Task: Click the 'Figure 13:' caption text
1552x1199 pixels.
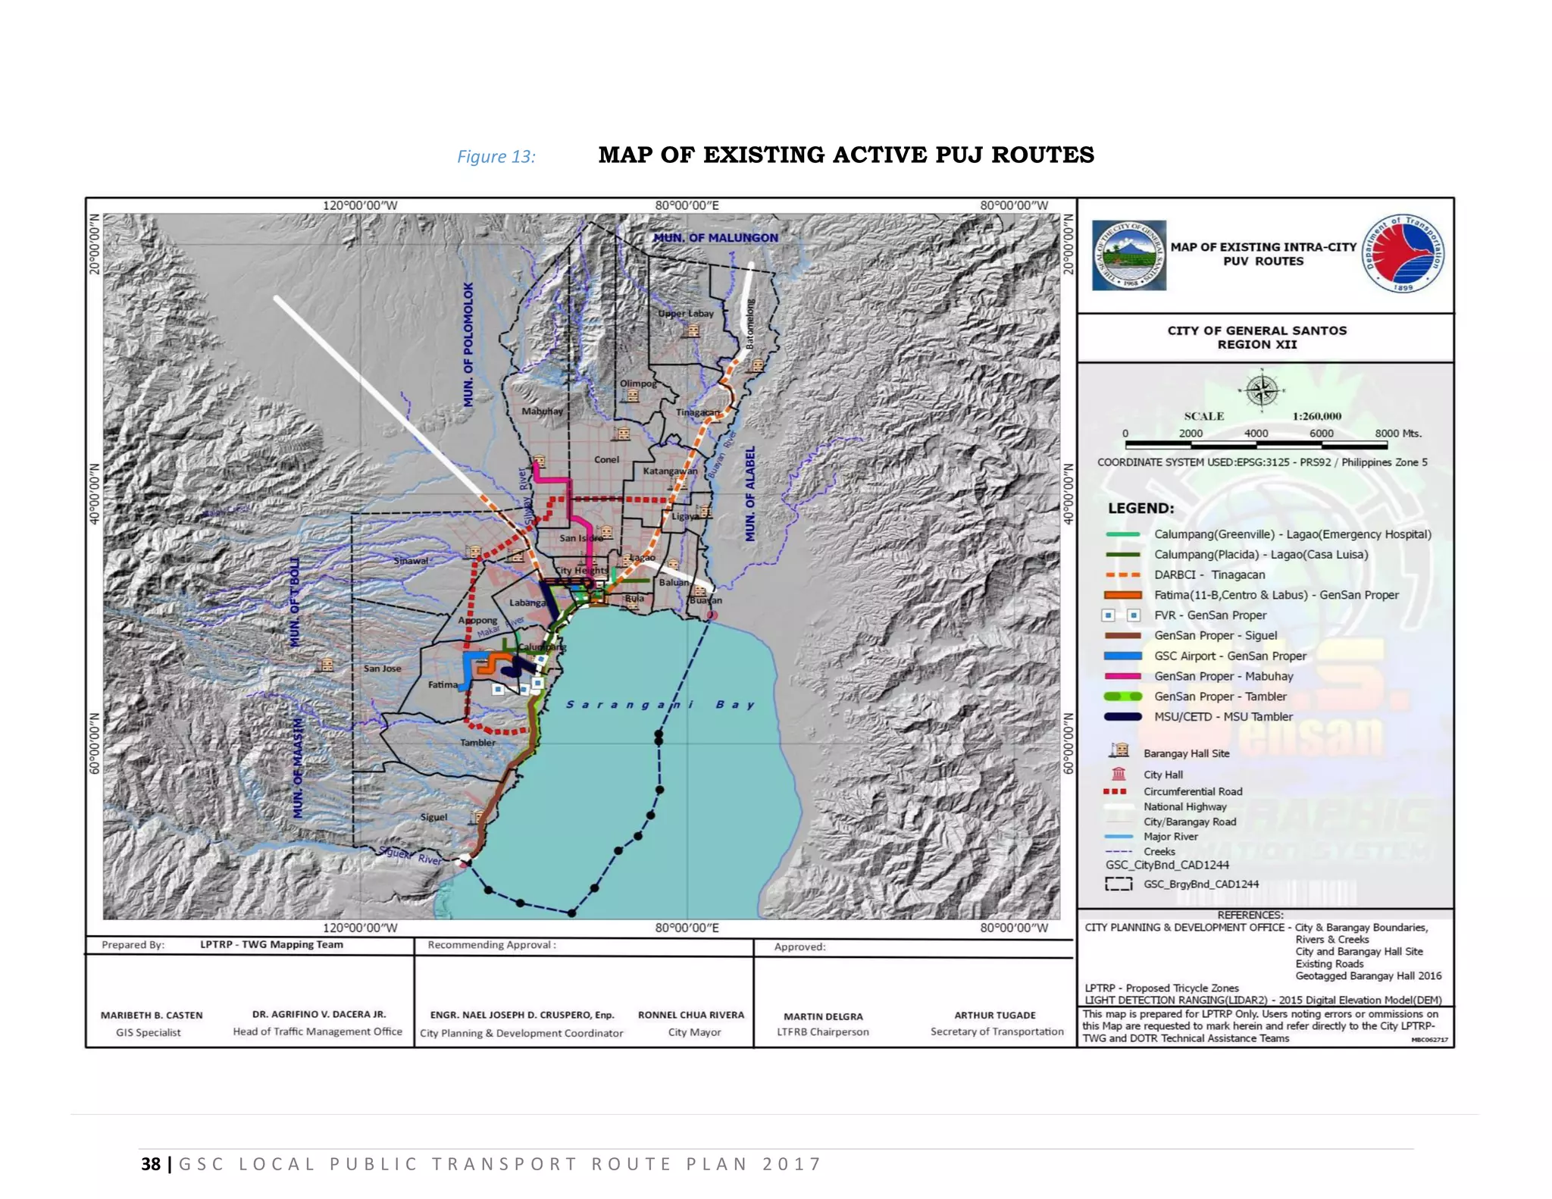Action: pos(496,157)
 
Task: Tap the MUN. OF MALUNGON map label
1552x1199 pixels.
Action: pos(715,238)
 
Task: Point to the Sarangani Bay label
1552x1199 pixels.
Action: pos(660,705)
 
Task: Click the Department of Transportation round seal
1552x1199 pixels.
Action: pos(1403,254)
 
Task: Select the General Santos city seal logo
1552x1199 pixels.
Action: pos(1128,255)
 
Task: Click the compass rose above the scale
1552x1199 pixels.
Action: pos(1262,391)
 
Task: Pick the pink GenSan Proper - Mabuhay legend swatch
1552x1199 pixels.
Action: pos(1123,676)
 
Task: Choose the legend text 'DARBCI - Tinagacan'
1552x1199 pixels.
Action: pos(1209,574)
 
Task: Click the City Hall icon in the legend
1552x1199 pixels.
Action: pos(1119,774)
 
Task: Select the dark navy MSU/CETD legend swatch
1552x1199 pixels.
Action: pos(1123,716)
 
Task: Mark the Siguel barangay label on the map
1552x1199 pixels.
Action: pos(434,817)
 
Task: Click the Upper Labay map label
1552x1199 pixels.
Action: pos(686,313)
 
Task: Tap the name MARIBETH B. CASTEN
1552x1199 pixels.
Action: pos(152,1015)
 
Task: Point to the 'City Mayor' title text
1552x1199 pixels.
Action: pos(694,1032)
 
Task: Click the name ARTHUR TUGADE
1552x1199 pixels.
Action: pos(994,1015)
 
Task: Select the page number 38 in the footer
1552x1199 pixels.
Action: pos(151,1164)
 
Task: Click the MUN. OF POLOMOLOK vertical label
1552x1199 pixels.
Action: pos(468,345)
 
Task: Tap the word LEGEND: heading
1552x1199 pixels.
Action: pos(1141,508)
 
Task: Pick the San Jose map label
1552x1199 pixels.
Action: pos(382,668)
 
